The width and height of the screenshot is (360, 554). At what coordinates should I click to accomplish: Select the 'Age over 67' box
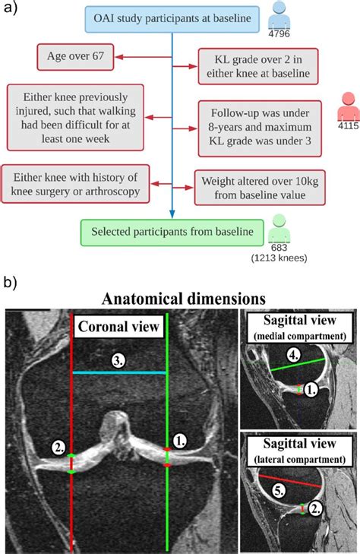click(x=69, y=55)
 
